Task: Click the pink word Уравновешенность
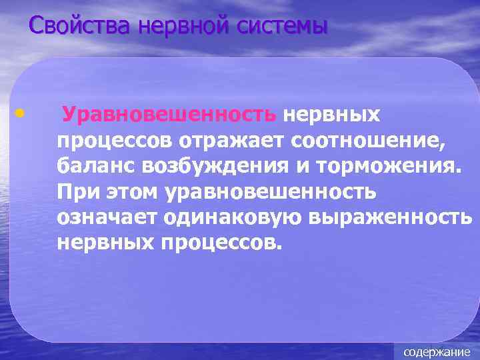click(x=169, y=115)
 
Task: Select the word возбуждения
click(x=208, y=166)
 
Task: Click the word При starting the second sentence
click(x=75, y=191)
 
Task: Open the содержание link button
click(x=437, y=351)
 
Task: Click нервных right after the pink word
click(x=331, y=115)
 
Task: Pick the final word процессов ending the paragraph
click(x=220, y=242)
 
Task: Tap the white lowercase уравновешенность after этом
click(x=270, y=191)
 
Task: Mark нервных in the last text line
click(x=105, y=242)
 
